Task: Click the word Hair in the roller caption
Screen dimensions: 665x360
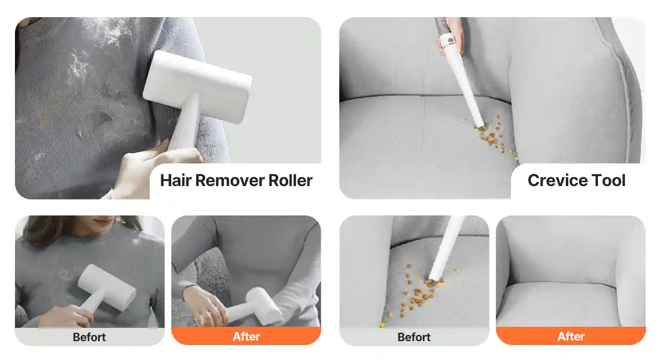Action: tap(176, 181)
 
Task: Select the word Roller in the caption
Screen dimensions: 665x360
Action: tap(290, 181)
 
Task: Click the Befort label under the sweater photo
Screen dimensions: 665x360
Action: tap(89, 337)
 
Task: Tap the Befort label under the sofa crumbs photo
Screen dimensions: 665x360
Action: tap(414, 337)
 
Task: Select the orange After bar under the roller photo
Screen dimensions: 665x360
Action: tap(246, 336)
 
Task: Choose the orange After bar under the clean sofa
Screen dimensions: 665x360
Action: tap(571, 336)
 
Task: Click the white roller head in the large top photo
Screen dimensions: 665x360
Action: tap(198, 86)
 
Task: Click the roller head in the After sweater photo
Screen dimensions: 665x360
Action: tap(264, 306)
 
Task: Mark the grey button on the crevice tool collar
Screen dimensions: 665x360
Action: tap(451, 40)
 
